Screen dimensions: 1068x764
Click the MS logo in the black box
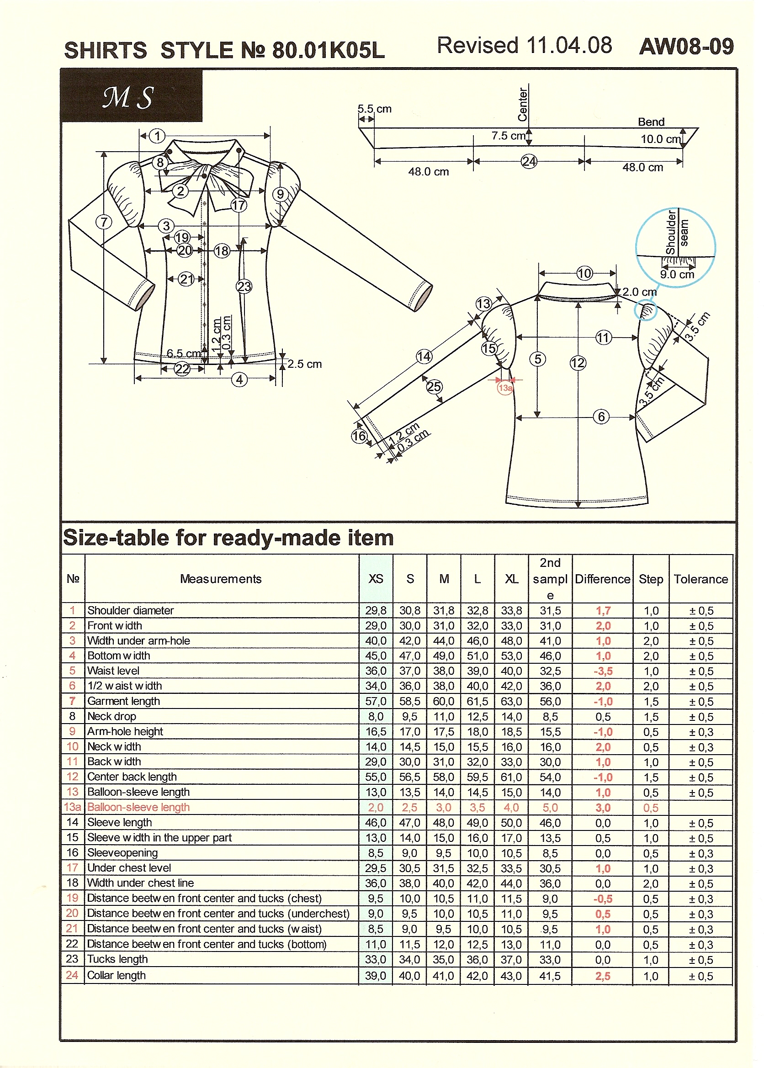pos(128,97)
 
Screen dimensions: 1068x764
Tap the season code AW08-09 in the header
pos(686,47)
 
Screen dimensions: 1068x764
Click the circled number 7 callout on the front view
pos(104,222)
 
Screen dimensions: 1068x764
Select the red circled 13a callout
pos(505,388)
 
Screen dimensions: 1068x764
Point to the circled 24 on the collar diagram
pos(529,162)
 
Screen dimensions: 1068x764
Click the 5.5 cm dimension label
pos(375,109)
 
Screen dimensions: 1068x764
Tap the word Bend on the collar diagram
pos(651,122)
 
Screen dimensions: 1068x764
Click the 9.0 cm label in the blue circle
pos(677,275)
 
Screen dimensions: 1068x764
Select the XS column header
pos(376,579)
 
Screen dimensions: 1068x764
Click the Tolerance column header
pos(700,579)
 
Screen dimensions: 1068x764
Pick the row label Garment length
pos(124,701)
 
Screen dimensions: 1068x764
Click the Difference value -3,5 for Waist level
pos(603,671)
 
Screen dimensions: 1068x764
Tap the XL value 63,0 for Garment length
pos(511,702)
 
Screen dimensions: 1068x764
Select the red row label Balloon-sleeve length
pos(138,807)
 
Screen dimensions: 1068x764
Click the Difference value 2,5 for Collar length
pos(603,976)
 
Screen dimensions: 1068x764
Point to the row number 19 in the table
pos(72,898)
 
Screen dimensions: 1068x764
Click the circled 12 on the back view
pos(578,363)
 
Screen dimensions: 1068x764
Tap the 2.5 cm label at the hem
pos(305,364)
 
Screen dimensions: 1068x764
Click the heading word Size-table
pos(116,538)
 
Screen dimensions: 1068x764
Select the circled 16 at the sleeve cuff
pos(359,436)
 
